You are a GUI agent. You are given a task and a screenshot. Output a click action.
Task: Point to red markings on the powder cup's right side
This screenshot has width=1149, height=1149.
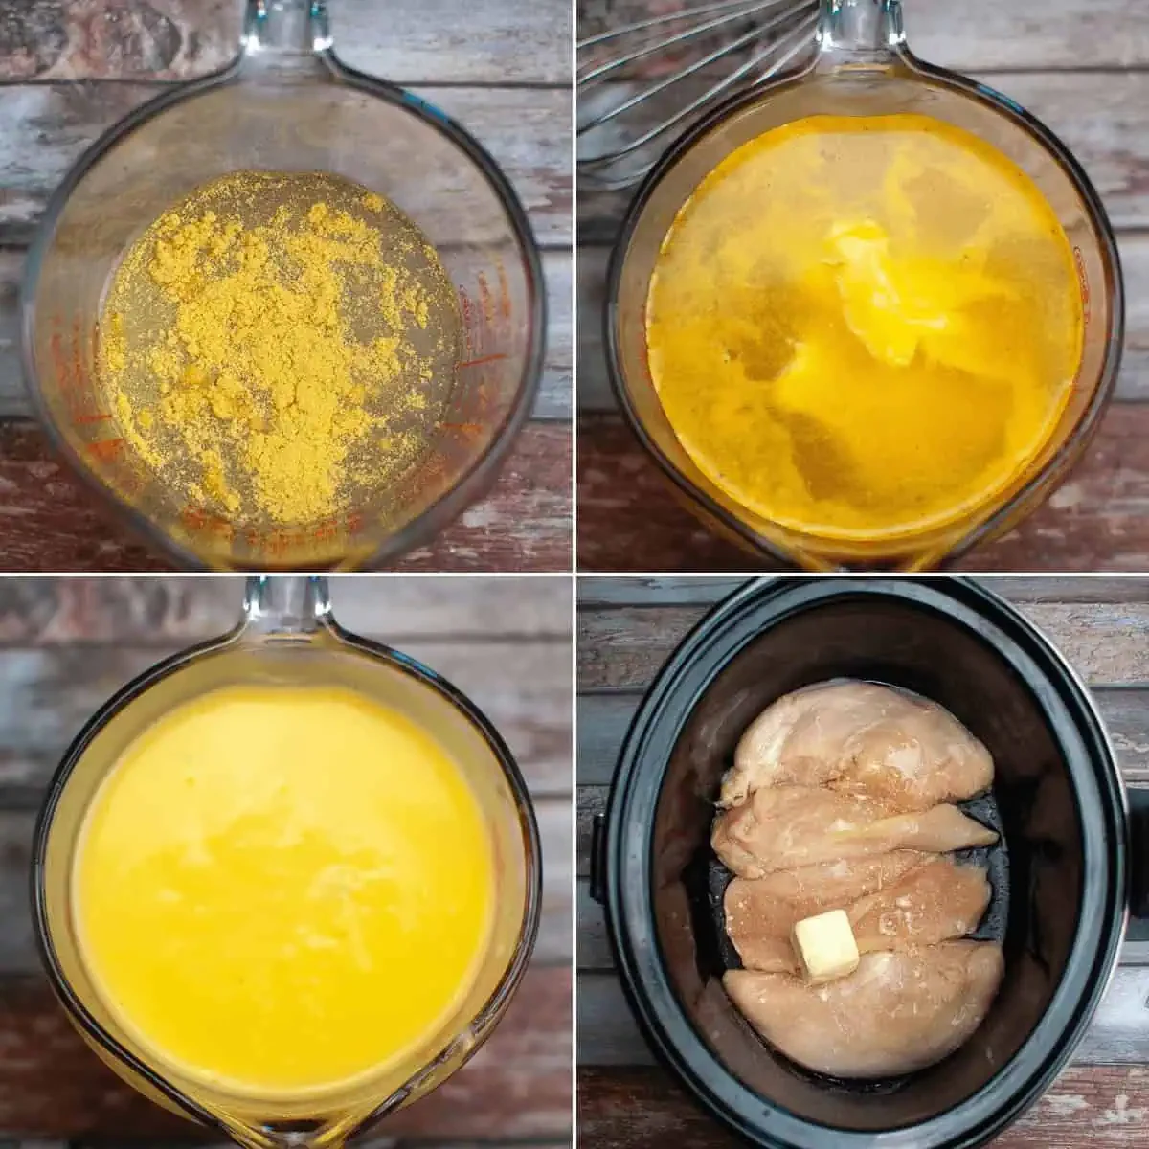479,326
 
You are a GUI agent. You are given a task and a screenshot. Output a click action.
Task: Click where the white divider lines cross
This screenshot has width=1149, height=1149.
574,574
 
